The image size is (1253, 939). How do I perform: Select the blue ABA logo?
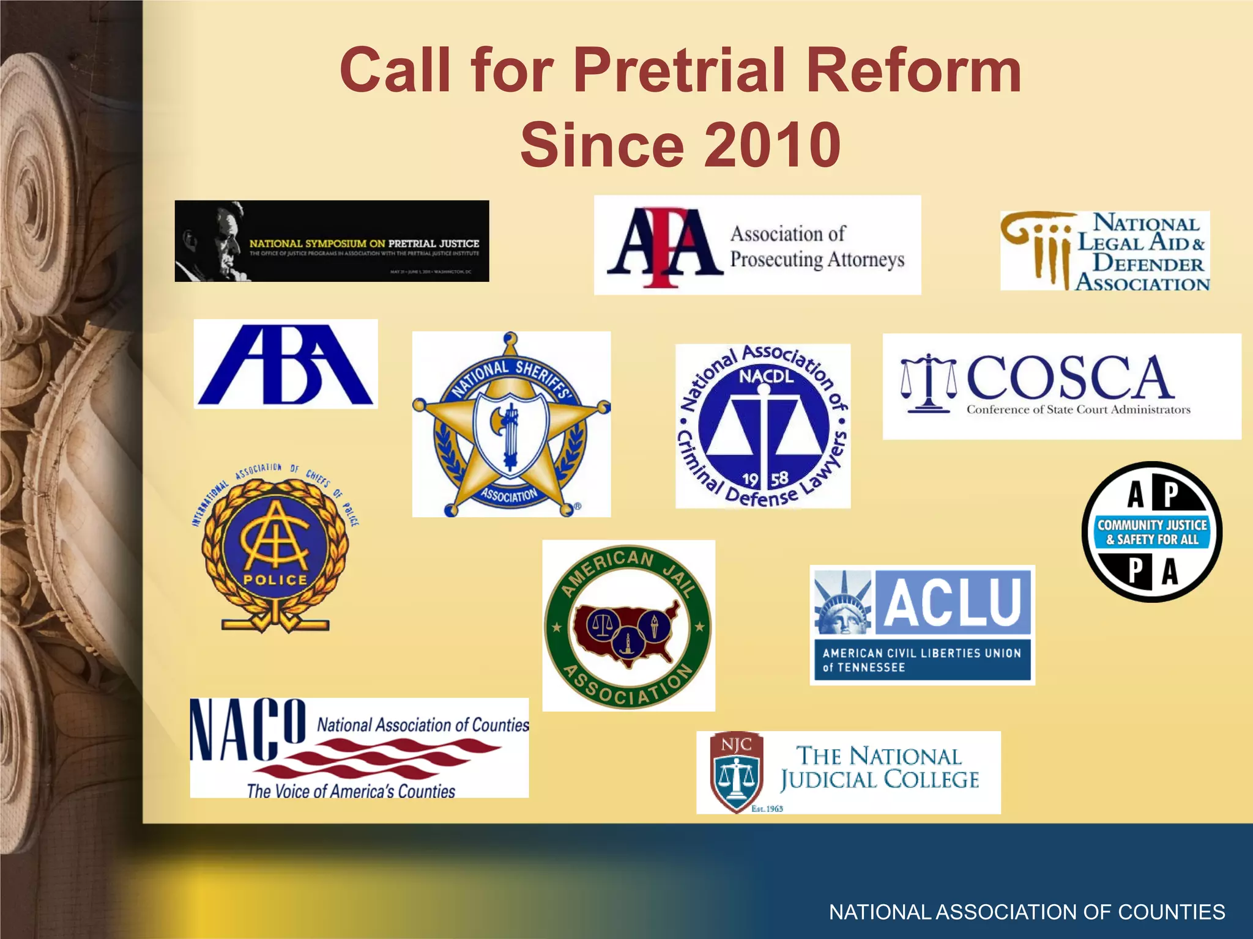coord(286,365)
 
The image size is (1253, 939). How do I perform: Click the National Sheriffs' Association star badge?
coord(511,425)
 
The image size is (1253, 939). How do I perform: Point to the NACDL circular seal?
coord(763,426)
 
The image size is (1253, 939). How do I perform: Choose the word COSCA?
coord(1069,377)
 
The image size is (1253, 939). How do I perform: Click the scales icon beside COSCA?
coord(928,383)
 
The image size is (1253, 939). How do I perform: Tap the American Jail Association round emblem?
coord(628,625)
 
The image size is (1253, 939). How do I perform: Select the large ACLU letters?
coord(953,602)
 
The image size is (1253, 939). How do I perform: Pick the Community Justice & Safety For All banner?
coord(1152,532)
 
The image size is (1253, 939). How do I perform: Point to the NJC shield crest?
coord(737,772)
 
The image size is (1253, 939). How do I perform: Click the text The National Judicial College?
coord(879,768)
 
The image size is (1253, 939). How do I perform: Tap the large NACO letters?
coord(248,731)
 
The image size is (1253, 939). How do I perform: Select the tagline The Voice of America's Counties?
coord(351,791)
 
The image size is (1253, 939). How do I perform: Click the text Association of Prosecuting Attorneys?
coord(817,246)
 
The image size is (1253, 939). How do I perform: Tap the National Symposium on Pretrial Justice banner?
coord(332,241)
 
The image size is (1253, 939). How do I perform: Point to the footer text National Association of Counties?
coord(1027,911)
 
